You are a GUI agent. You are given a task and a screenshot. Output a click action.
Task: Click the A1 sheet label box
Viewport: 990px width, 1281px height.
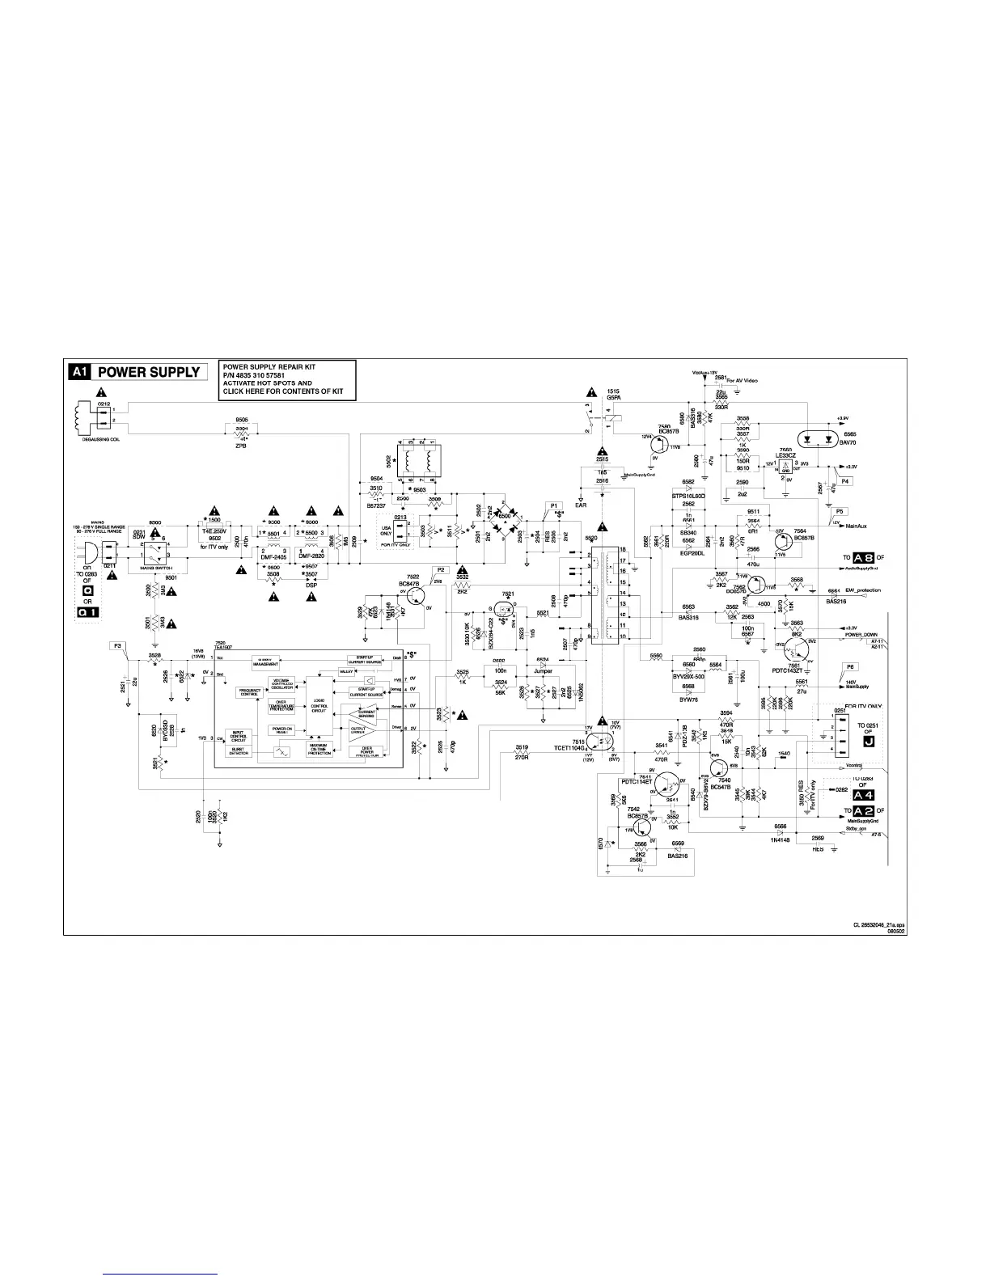pyautogui.click(x=79, y=372)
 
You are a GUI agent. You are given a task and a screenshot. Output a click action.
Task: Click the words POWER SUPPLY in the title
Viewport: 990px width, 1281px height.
pyautogui.click(x=148, y=372)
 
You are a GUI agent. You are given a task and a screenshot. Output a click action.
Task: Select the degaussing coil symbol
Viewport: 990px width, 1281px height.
pyautogui.click(x=81, y=416)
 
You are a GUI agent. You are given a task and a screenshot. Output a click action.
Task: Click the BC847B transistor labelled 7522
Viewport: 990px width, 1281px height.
pyautogui.click(x=415, y=596)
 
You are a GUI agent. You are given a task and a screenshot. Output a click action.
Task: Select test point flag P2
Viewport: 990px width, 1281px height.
pyautogui.click(x=441, y=569)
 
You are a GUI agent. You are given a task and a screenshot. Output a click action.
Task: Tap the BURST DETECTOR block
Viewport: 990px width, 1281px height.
pyautogui.click(x=239, y=751)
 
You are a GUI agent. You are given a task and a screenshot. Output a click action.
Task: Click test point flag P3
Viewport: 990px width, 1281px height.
pyautogui.click(x=117, y=645)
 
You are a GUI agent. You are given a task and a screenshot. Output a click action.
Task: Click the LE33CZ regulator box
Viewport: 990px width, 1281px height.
pyautogui.click(x=785, y=466)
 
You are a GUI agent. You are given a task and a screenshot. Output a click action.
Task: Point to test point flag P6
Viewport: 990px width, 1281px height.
pyautogui.click(x=849, y=666)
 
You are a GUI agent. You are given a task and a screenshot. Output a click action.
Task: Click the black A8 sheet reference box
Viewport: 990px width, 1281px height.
pyautogui.click(x=865, y=558)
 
